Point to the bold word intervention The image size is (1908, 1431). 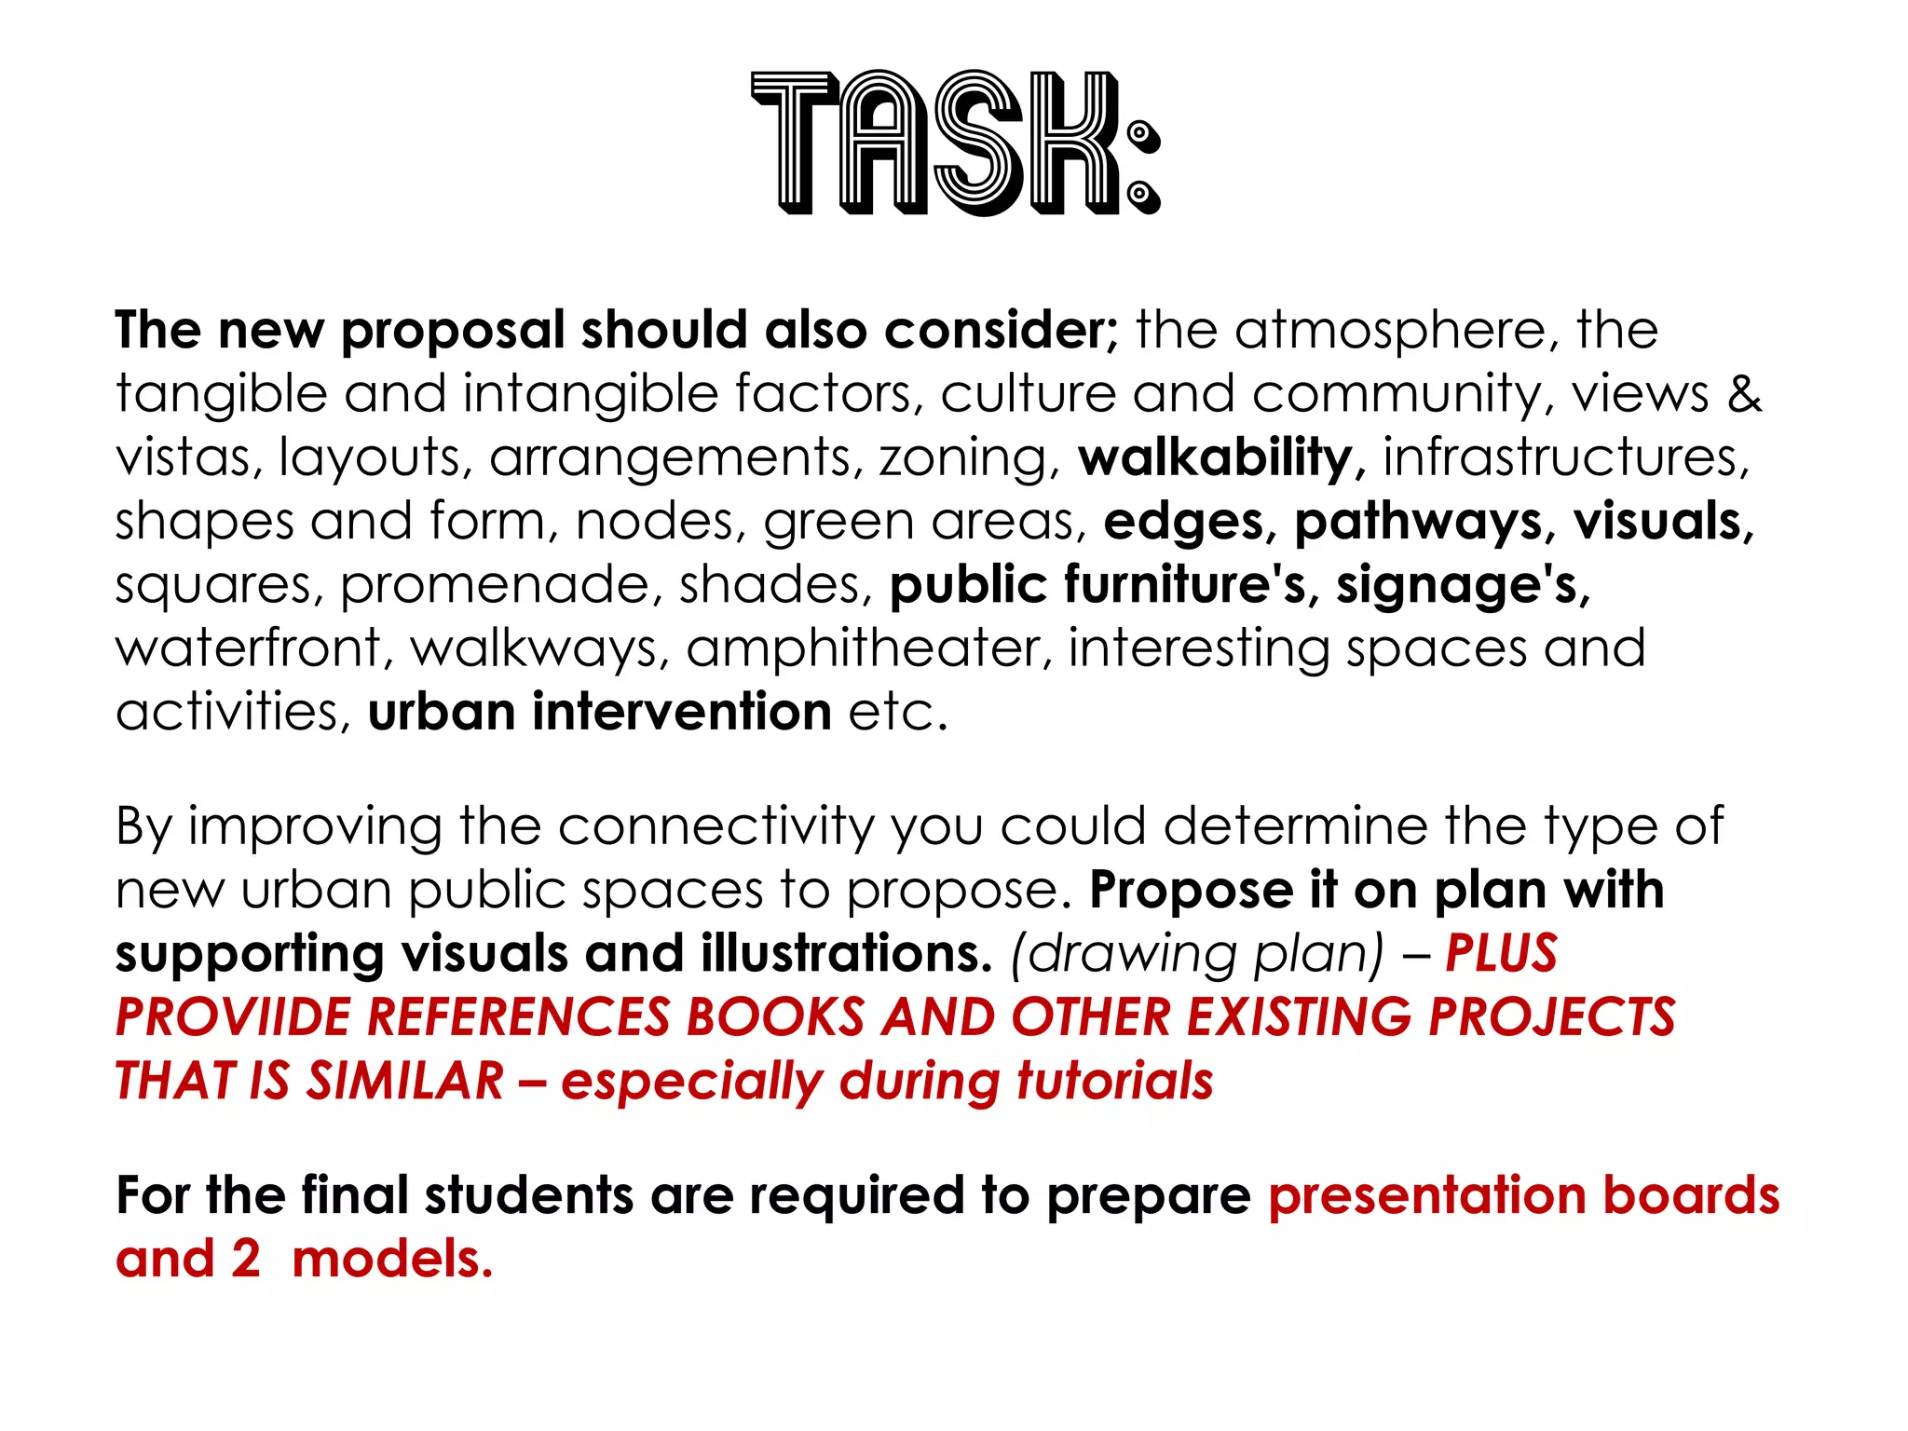[681, 713]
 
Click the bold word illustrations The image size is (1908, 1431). [846, 954]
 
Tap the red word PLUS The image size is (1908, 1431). [1501, 954]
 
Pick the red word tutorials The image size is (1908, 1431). [1114, 1082]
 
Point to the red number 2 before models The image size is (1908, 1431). [245, 1260]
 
